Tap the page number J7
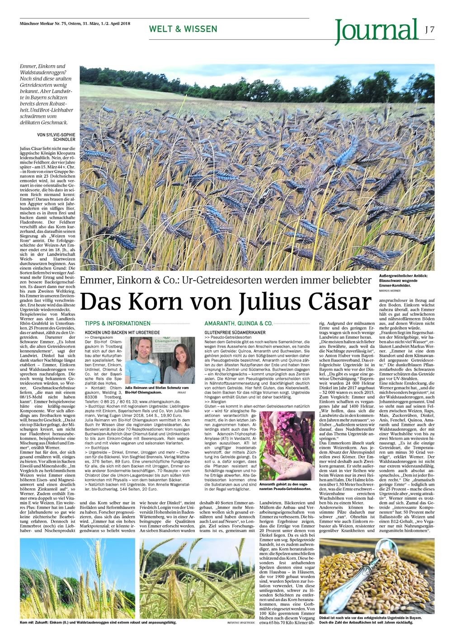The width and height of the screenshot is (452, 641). click(x=429, y=28)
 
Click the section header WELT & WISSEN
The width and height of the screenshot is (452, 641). click(x=183, y=29)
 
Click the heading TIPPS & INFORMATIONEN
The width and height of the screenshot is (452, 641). click(x=118, y=323)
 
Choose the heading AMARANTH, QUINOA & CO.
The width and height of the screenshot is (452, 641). click(x=238, y=323)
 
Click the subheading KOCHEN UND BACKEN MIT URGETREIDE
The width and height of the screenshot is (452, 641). click(x=119, y=332)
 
